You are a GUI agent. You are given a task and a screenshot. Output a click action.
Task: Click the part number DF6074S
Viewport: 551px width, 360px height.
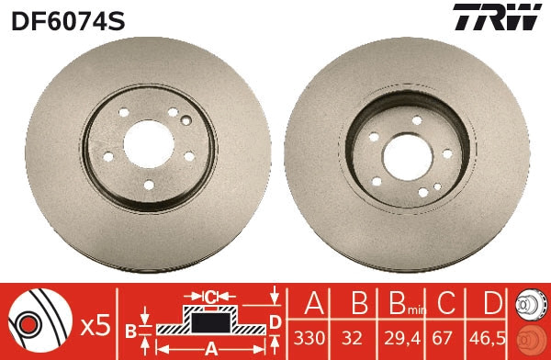[68, 21]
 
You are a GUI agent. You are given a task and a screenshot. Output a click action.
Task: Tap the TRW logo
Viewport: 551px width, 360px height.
[497, 17]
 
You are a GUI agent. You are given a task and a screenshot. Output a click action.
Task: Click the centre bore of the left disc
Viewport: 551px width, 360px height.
[149, 144]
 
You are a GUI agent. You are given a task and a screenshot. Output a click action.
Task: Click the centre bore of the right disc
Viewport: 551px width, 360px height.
[408, 157]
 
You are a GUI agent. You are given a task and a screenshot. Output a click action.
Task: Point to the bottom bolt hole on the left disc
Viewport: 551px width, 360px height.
[149, 185]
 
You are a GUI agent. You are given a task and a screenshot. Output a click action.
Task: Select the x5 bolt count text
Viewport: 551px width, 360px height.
[96, 327]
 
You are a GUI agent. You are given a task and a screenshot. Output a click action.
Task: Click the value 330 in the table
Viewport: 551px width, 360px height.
[309, 338]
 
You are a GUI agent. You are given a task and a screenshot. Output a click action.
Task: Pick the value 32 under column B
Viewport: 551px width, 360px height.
[352, 338]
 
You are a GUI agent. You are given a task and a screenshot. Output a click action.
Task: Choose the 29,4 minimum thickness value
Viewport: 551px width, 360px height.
[402, 339]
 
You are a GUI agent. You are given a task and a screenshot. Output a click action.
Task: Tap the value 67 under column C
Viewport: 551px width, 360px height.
[442, 338]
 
